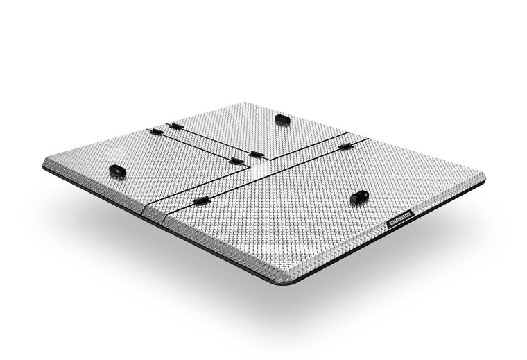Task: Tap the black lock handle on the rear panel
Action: pyautogui.click(x=282, y=119)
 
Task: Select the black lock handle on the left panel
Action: pyautogui.click(x=117, y=171)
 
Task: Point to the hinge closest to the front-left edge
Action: pyautogui.click(x=201, y=200)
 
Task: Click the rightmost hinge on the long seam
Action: pyautogui.click(x=345, y=146)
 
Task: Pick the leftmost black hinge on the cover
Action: pyautogui.click(x=157, y=131)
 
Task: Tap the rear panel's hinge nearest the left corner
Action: pyautogui.click(x=177, y=126)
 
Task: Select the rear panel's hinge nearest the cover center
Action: pyautogui.click(x=256, y=154)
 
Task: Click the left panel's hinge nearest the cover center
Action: pyautogui.click(x=236, y=162)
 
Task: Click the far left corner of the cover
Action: pyautogui.click(x=46, y=162)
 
